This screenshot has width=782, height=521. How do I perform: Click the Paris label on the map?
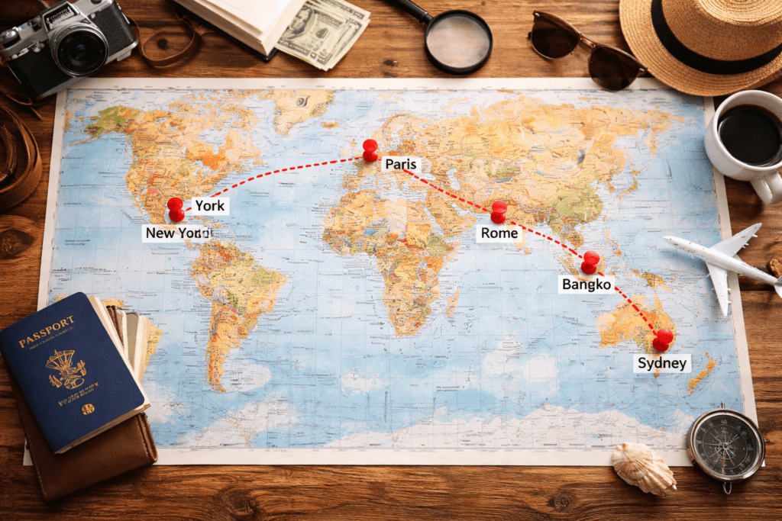[401, 164]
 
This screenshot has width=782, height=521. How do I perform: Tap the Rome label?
[499, 233]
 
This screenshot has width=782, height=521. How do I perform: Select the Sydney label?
[662, 363]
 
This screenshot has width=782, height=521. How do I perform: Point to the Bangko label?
[586, 285]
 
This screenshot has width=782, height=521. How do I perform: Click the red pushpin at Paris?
[370, 150]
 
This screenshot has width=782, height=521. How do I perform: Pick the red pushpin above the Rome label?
[499, 211]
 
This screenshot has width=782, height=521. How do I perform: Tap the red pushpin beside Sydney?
[663, 339]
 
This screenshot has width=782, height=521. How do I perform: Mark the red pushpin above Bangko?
[590, 262]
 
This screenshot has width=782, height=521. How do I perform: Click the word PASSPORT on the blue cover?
[47, 323]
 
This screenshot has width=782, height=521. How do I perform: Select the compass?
[725, 444]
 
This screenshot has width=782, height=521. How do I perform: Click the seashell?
[643, 467]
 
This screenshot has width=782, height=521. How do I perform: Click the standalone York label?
[209, 205]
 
